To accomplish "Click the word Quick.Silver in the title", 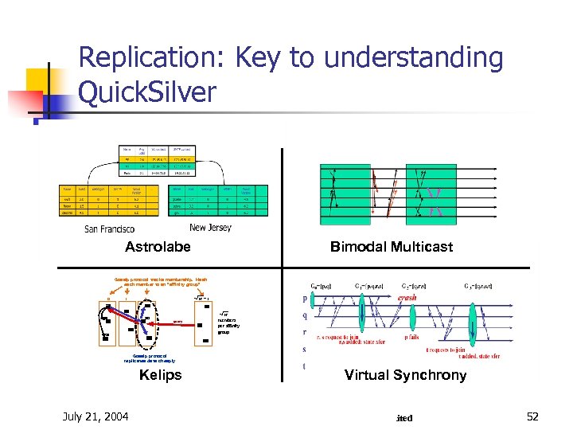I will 147,92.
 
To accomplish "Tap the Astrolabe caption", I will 158,247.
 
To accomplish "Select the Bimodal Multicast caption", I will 391,247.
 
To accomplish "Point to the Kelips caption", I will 160,375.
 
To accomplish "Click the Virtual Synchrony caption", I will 405,375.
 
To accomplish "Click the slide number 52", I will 532,416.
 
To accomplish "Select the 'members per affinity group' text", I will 228,326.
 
